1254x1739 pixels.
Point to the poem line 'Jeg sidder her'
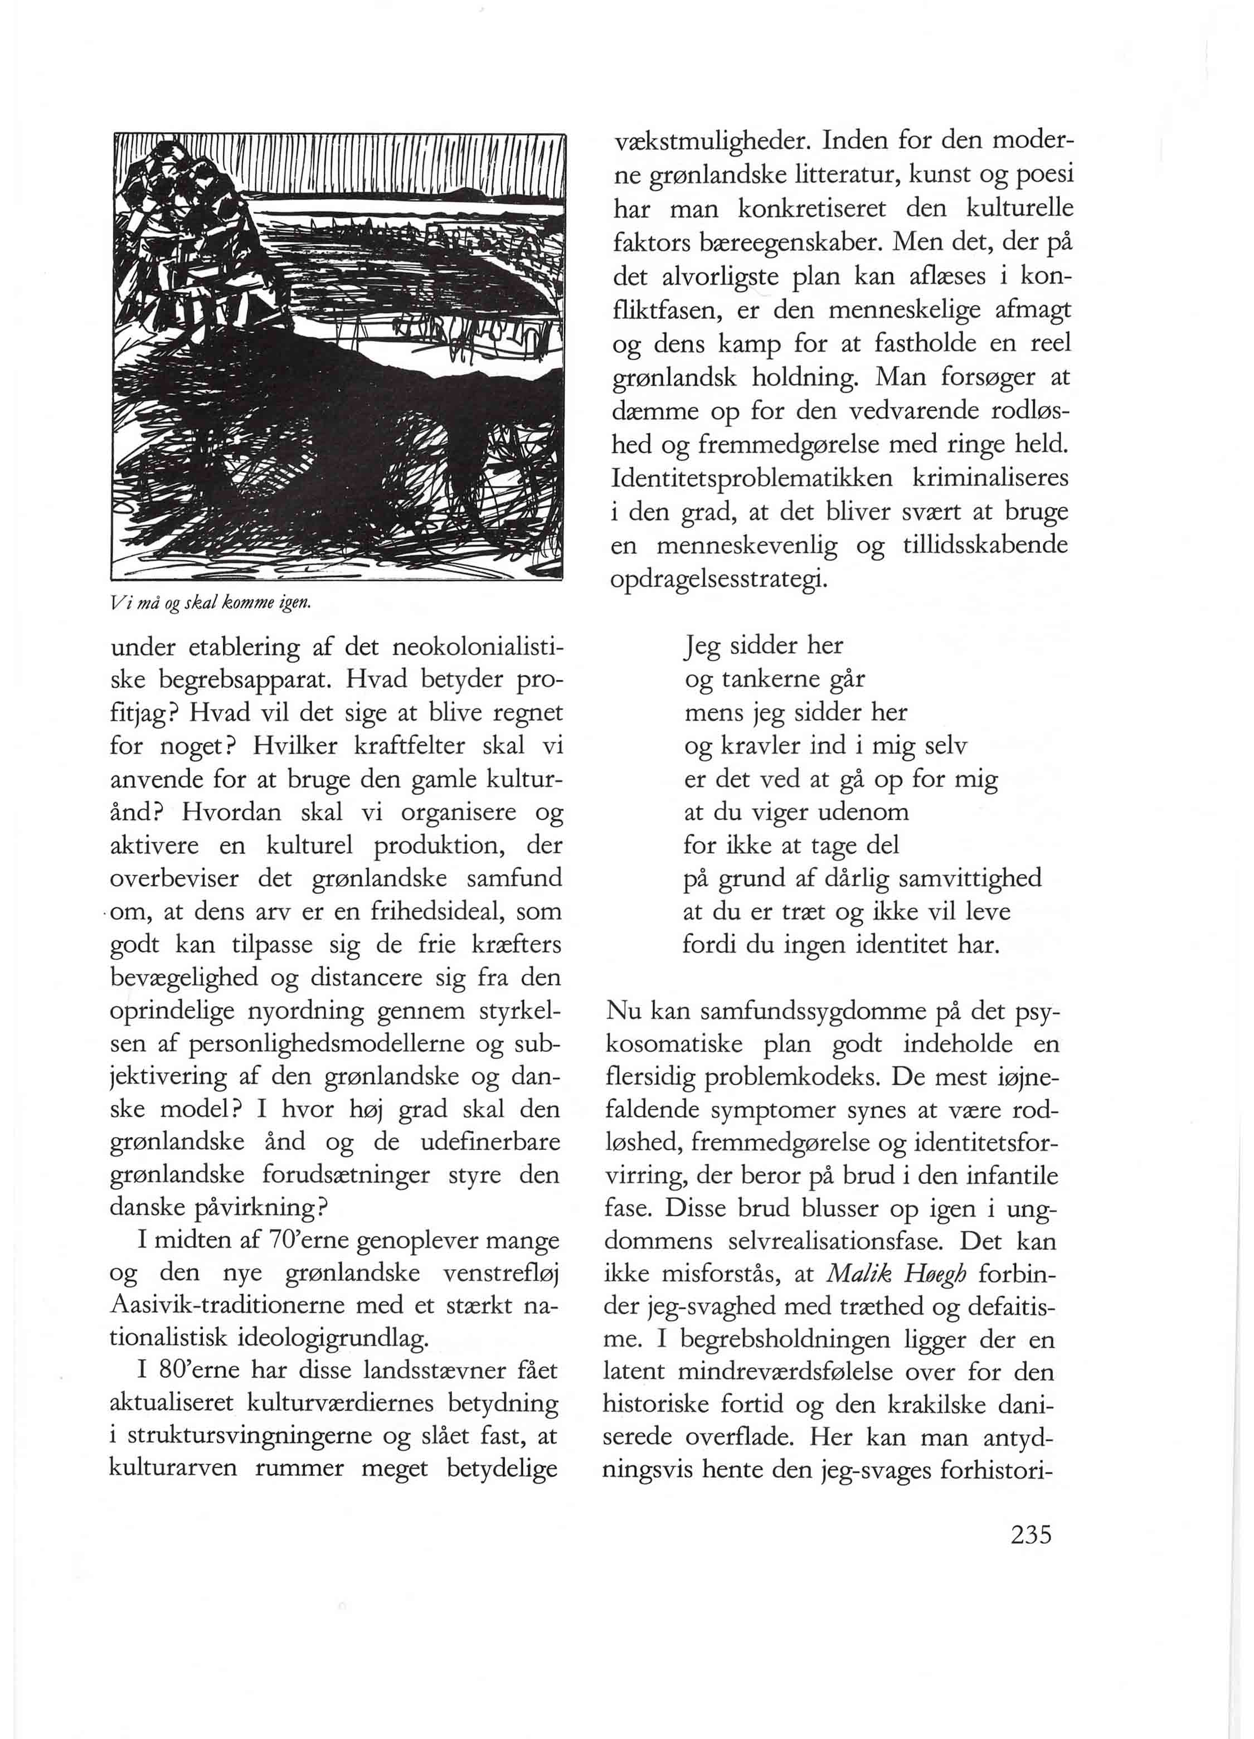point(764,645)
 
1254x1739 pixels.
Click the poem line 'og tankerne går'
point(774,679)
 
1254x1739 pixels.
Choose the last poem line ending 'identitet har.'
point(842,945)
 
